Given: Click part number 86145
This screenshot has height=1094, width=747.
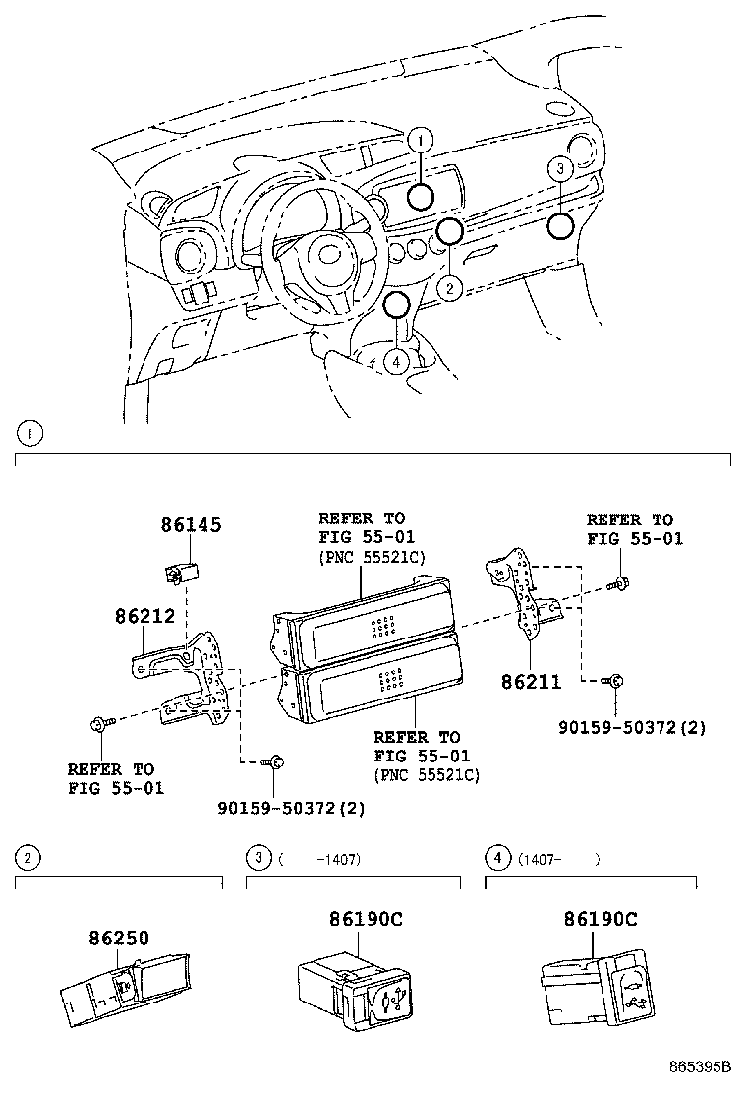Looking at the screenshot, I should click(191, 525).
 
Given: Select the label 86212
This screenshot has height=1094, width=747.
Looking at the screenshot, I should click(144, 617).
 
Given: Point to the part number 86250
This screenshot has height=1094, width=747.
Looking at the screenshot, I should click(117, 939).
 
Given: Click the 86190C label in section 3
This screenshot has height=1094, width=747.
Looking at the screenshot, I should click(366, 919).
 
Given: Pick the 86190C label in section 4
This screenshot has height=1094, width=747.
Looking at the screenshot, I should click(600, 919).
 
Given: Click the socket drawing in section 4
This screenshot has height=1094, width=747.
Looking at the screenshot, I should click(598, 984).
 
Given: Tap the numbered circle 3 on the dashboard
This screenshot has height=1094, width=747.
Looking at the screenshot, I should click(558, 169).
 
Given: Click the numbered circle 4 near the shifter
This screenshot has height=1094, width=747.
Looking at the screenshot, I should click(396, 362).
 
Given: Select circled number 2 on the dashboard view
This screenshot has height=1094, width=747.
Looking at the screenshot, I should click(449, 288).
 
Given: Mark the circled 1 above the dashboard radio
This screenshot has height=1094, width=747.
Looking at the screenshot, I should click(420, 142).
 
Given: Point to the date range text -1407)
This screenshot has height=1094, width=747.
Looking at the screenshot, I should click(338, 859).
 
